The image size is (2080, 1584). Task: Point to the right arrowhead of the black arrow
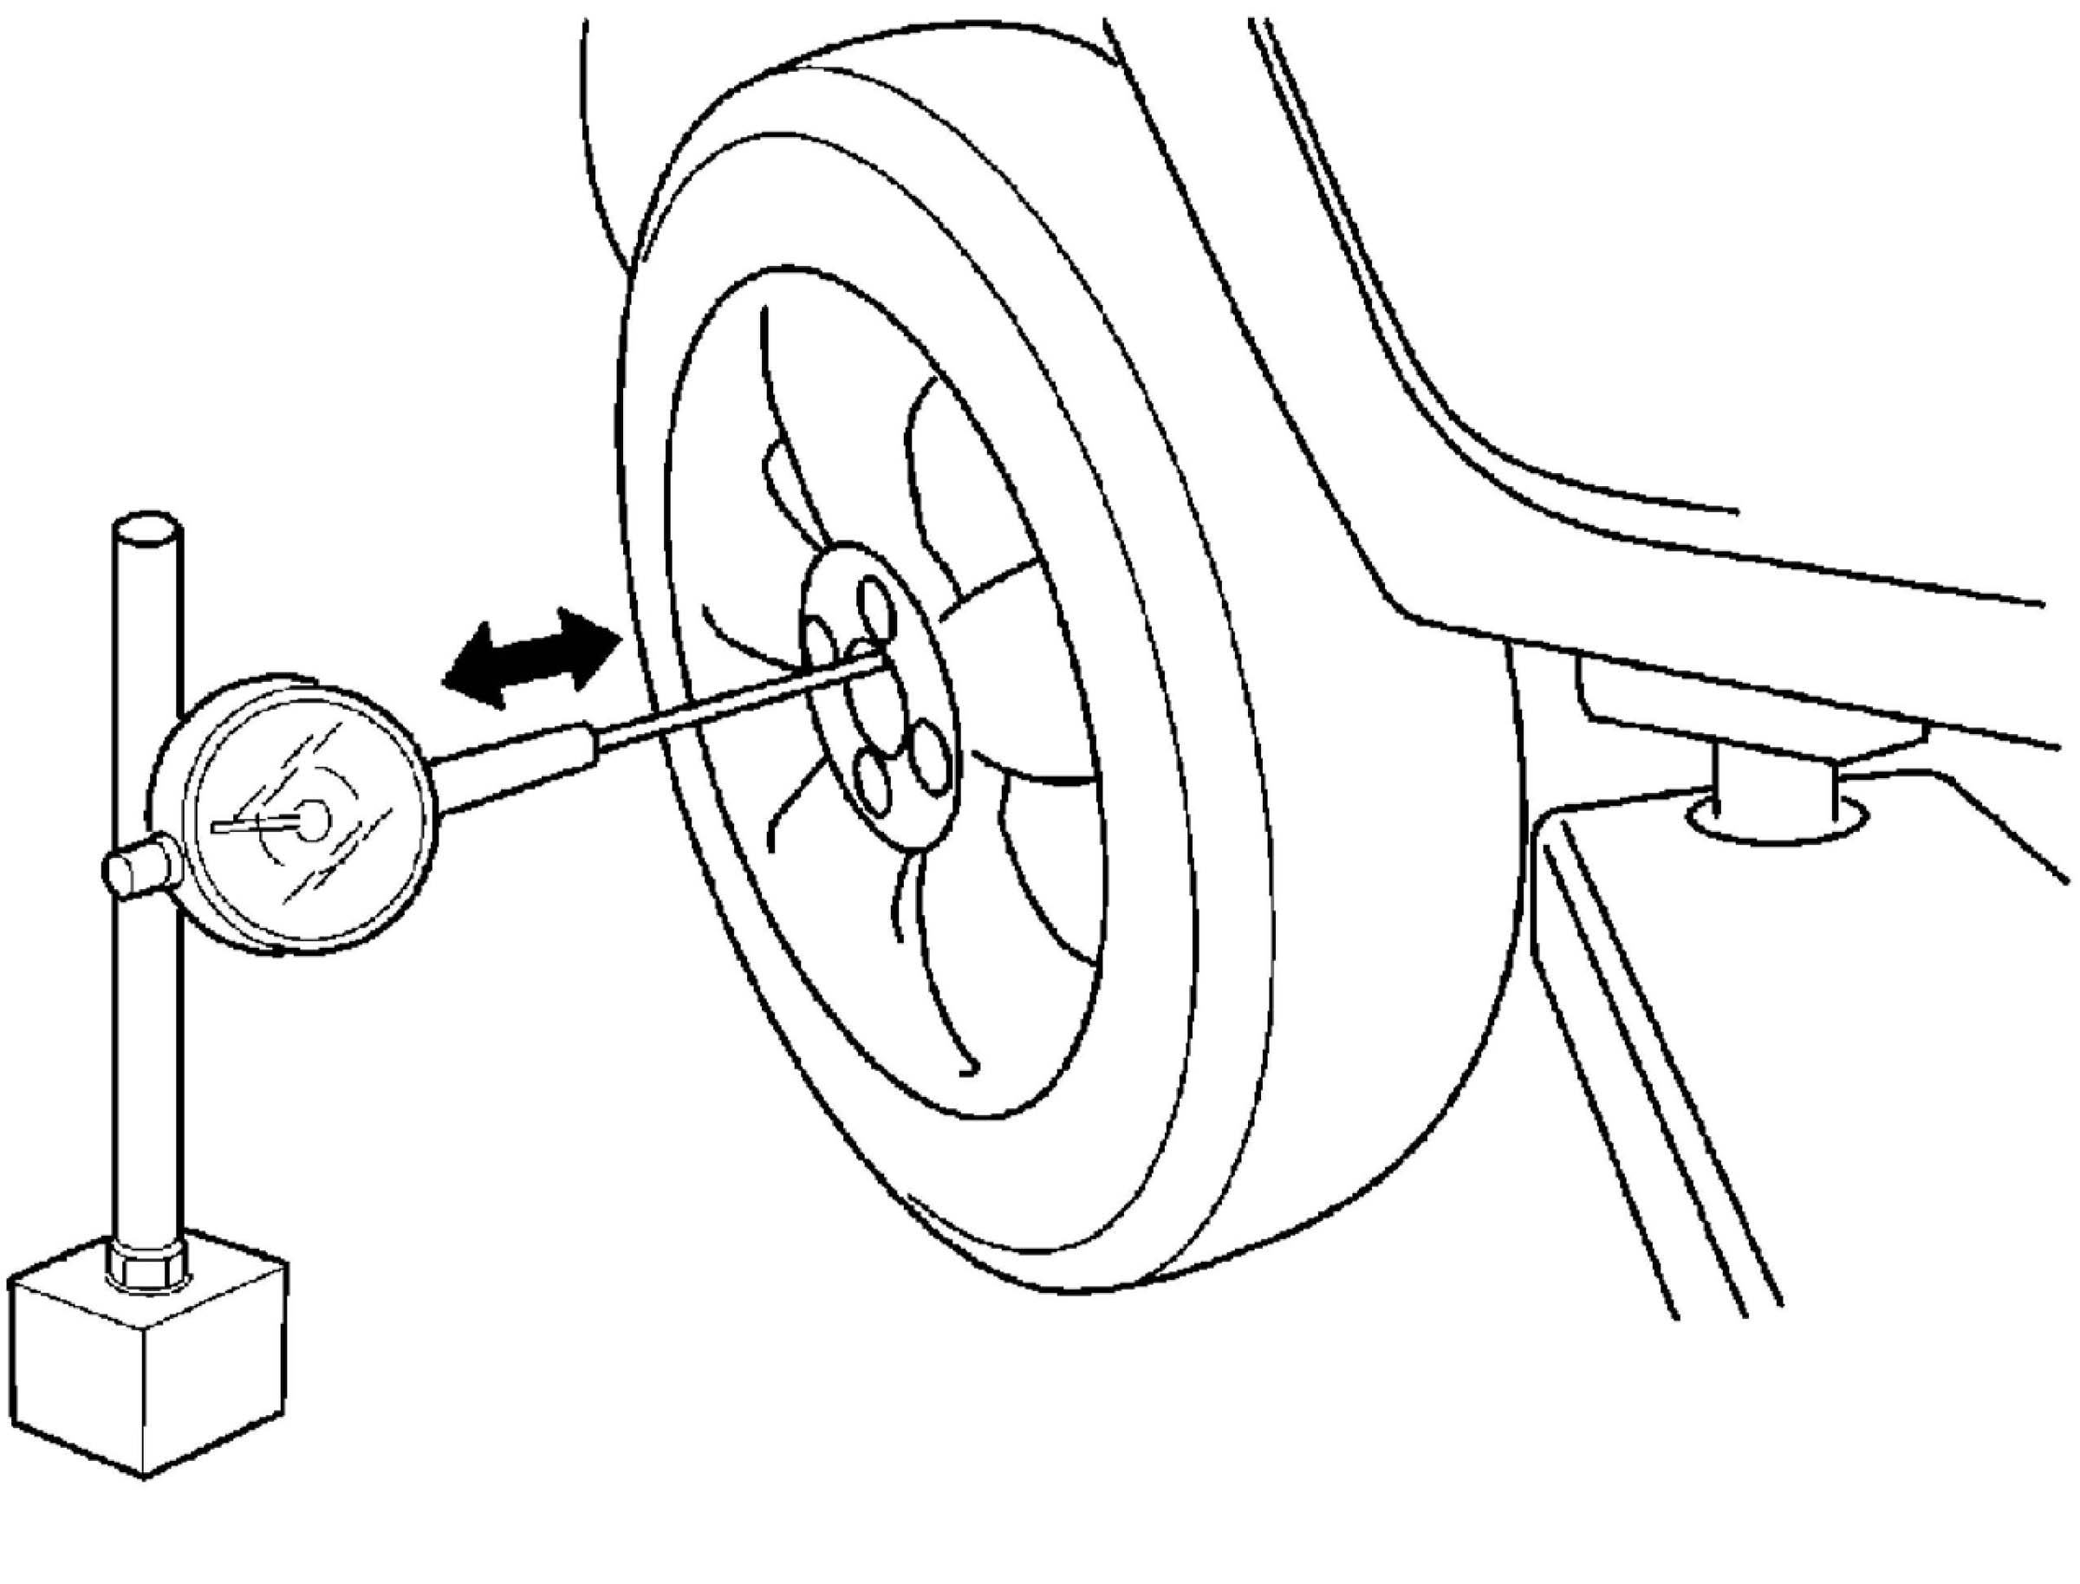tap(592, 641)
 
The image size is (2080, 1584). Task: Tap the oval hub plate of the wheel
tap(877, 698)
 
